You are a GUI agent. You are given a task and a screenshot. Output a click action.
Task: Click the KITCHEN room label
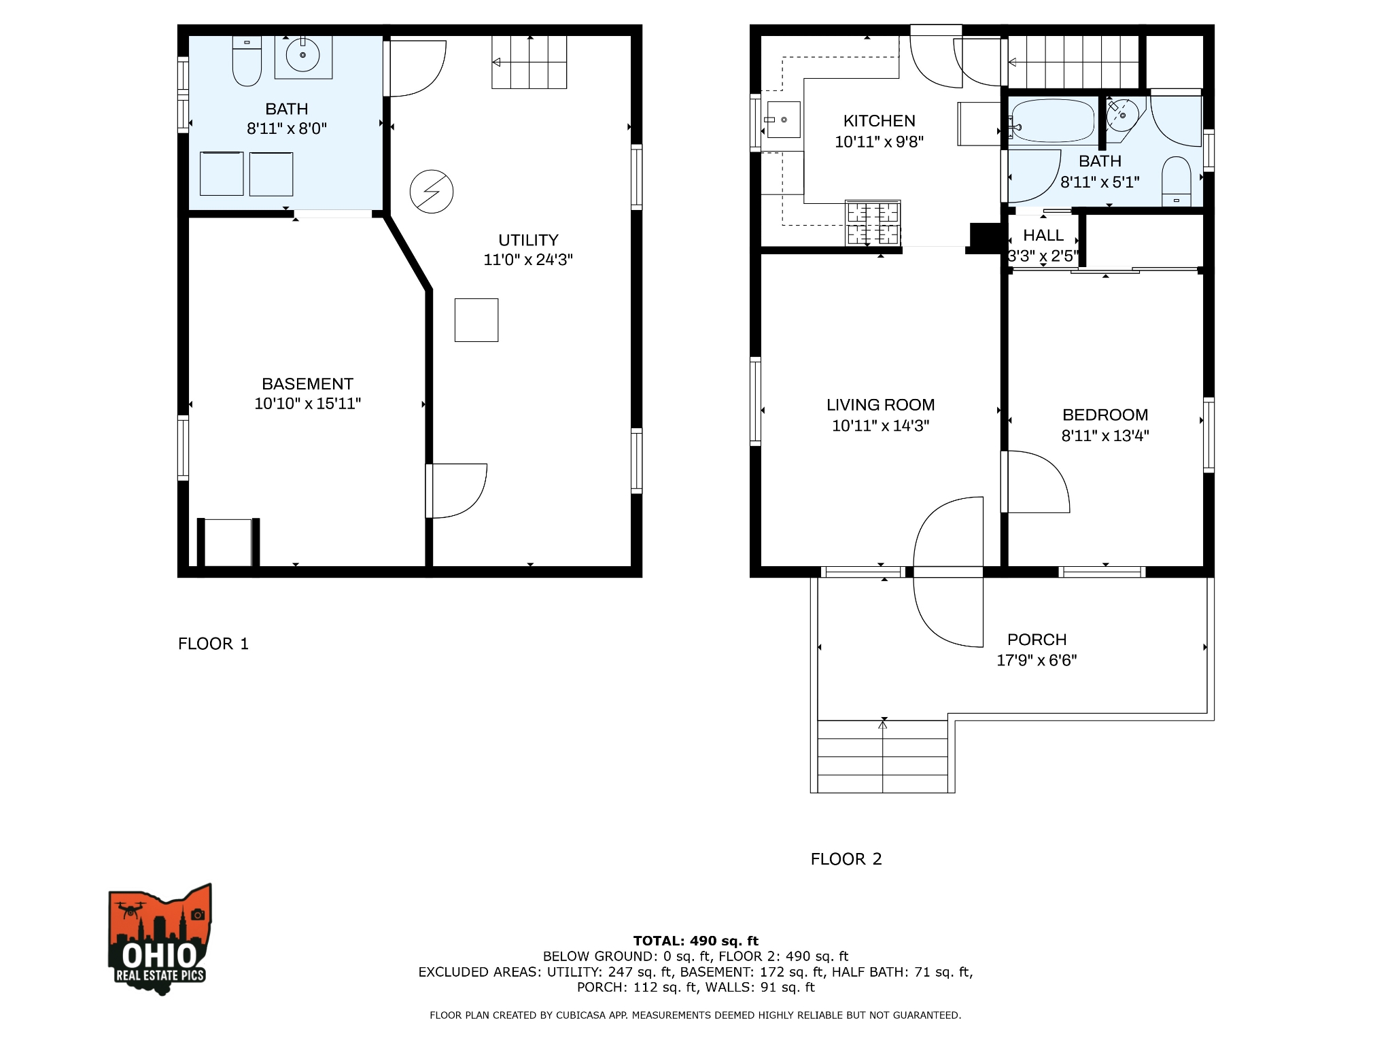click(879, 121)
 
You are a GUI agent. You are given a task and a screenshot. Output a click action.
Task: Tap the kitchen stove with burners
click(873, 223)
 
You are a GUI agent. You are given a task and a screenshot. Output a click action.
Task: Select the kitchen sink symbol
click(783, 120)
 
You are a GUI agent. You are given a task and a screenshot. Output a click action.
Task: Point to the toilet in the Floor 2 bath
click(1176, 180)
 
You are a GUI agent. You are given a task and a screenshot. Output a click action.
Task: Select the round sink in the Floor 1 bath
click(303, 55)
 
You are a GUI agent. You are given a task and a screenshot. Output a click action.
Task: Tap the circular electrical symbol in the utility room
click(432, 192)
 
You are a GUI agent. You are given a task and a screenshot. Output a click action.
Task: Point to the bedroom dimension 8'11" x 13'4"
click(1104, 436)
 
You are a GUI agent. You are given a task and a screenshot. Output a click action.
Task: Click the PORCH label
click(1037, 640)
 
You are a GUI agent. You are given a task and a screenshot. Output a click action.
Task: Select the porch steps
click(882, 756)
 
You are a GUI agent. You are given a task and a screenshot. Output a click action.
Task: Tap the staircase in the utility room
click(529, 63)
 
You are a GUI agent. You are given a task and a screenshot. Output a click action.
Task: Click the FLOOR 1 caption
click(213, 644)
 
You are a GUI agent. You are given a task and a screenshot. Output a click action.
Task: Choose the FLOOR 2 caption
click(846, 859)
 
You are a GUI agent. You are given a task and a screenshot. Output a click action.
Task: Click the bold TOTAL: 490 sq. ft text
click(695, 941)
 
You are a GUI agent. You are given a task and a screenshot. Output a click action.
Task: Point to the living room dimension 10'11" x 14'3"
click(880, 425)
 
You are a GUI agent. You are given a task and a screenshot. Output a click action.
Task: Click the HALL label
click(1043, 235)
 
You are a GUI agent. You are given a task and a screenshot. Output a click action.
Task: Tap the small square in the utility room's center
click(476, 320)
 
